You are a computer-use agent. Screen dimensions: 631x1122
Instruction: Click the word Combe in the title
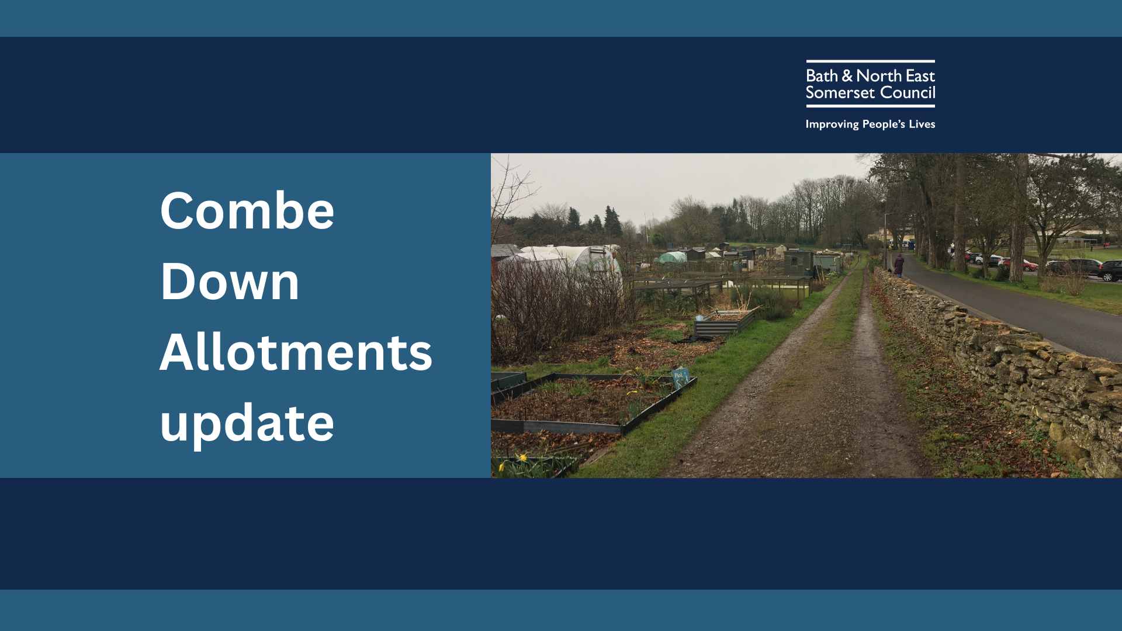pyautogui.click(x=247, y=211)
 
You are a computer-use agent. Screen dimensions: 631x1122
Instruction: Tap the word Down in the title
pyautogui.click(x=230, y=282)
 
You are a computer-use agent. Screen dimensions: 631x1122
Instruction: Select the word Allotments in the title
pyautogui.click(x=296, y=352)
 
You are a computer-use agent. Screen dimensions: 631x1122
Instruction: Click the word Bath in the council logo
pyautogui.click(x=822, y=76)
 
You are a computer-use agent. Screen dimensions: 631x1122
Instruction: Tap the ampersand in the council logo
pyautogui.click(x=847, y=76)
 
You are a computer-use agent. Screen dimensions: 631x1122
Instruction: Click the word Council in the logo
pyautogui.click(x=908, y=93)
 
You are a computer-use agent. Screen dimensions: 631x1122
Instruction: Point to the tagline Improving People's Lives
pyautogui.click(x=870, y=124)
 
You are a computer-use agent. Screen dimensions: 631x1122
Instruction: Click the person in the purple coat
pyautogui.click(x=899, y=266)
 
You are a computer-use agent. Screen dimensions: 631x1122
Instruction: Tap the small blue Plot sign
pyautogui.click(x=680, y=376)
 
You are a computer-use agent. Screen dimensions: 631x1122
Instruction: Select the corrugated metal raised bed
pyautogui.click(x=725, y=323)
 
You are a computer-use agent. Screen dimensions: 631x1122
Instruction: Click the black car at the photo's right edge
pyautogui.click(x=1110, y=271)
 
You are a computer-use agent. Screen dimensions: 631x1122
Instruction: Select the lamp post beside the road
pyautogui.click(x=886, y=240)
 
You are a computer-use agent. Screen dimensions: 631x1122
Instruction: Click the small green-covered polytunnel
pyautogui.click(x=673, y=257)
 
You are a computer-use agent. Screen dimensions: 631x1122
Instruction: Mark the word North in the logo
pyautogui.click(x=879, y=76)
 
